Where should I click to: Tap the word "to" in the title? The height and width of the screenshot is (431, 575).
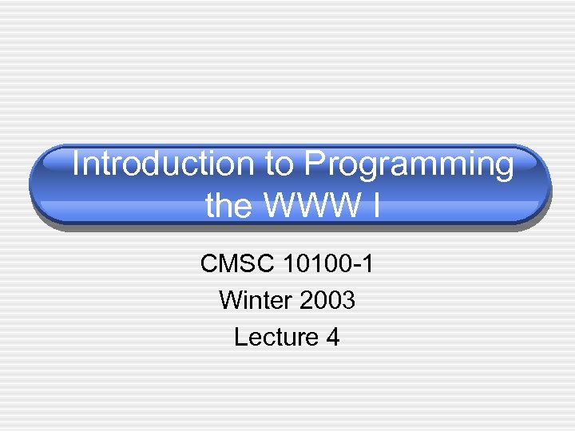pos(279,164)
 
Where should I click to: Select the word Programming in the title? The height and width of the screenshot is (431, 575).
pos(408,164)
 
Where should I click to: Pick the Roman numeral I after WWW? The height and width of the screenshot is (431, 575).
pos(375,206)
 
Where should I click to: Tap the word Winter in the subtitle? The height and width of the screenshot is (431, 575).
pos(255,300)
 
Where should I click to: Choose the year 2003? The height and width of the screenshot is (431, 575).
pos(327,300)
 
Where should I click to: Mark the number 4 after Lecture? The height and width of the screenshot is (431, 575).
pos(333,338)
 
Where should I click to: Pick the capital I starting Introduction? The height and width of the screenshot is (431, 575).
pos(76,164)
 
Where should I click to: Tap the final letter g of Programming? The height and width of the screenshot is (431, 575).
pos(503,168)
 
